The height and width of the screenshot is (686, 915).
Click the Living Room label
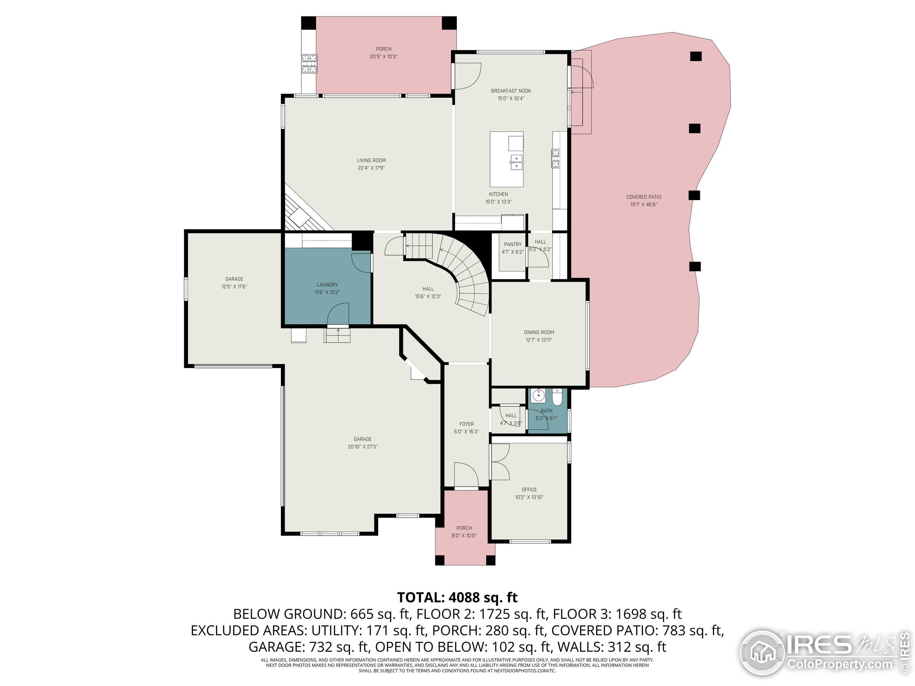pyautogui.click(x=371, y=160)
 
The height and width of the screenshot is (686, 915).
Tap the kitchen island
pyautogui.click(x=506, y=159)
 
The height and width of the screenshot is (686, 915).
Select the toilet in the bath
pyautogui.click(x=557, y=397)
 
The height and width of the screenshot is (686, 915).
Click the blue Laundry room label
pyautogui.click(x=327, y=284)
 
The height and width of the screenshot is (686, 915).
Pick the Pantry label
pyautogui.click(x=513, y=244)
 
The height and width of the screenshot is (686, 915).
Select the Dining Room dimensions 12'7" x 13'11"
pyautogui.click(x=539, y=340)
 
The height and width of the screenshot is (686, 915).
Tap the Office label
pyautogui.click(x=529, y=489)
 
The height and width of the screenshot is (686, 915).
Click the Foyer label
pyautogui.click(x=466, y=424)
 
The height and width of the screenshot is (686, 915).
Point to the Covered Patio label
pyautogui.click(x=643, y=197)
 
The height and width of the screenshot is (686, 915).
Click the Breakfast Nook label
pyautogui.click(x=511, y=91)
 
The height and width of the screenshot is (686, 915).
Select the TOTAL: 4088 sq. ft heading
pyautogui.click(x=457, y=597)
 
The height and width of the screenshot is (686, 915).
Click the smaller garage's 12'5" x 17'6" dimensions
pyautogui.click(x=234, y=287)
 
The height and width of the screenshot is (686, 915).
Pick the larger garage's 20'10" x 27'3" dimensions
pyautogui.click(x=362, y=447)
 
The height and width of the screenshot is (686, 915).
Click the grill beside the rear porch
pyautogui.click(x=309, y=64)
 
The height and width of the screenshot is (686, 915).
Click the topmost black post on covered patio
pyautogui.click(x=696, y=56)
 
